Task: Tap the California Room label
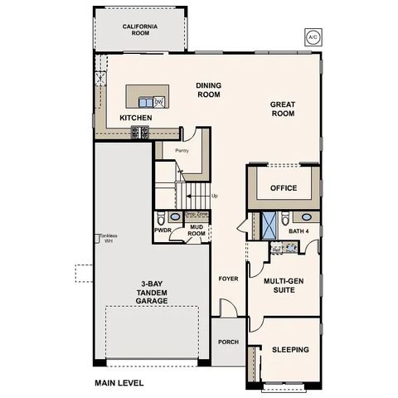(x=140, y=31)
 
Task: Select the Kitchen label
(x=135, y=118)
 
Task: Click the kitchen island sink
(x=149, y=102)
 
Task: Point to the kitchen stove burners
(x=141, y=131)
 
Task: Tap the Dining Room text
(x=208, y=90)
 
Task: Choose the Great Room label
(x=283, y=109)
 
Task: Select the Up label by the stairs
(x=216, y=197)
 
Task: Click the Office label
(x=284, y=188)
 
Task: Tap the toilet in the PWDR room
(x=162, y=219)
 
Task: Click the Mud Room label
(x=196, y=231)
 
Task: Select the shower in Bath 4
(x=269, y=224)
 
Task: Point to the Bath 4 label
(x=298, y=231)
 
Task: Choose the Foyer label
(x=226, y=279)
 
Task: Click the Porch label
(x=227, y=341)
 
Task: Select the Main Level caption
(x=119, y=383)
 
